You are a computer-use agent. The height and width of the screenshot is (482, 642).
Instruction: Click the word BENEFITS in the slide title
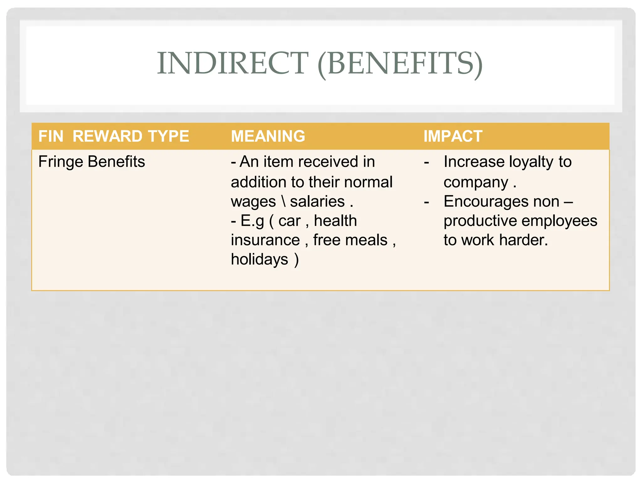point(400,63)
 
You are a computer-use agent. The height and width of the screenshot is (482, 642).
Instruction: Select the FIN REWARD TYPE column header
point(113,136)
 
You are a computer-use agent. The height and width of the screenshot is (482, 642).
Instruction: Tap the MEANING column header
point(268,136)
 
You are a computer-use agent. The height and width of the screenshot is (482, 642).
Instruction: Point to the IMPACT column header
point(453,136)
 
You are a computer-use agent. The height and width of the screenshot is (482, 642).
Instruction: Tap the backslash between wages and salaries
point(283,201)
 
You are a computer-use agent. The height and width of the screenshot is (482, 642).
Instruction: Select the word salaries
point(317,201)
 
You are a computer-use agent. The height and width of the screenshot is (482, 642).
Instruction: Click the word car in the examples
point(289,221)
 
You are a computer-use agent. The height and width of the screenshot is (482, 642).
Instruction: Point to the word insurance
point(265,240)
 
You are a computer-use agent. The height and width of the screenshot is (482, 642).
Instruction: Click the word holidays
point(259,260)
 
